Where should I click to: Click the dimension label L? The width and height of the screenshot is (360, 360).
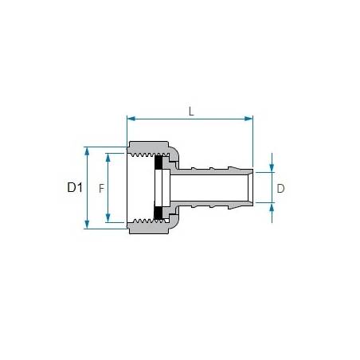191,112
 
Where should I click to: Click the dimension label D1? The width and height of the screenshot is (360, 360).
75,187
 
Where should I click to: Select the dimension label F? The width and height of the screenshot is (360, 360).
101,189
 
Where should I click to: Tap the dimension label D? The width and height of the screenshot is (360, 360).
280,189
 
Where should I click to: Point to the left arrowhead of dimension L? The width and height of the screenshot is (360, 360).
131,119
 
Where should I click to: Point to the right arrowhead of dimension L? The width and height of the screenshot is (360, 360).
248,119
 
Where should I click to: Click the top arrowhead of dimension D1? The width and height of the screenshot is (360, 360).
87,151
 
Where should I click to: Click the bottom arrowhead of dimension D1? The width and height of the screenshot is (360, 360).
87,225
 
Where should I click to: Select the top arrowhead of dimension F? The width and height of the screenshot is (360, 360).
108,158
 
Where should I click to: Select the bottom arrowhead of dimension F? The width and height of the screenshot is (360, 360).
108,218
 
